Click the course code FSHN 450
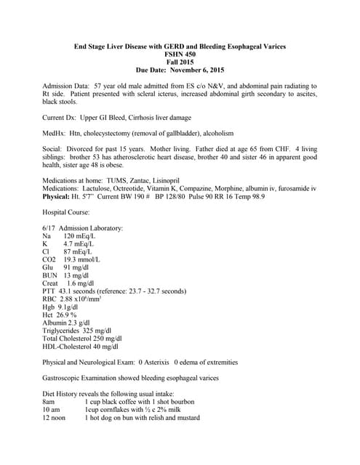[180, 54]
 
